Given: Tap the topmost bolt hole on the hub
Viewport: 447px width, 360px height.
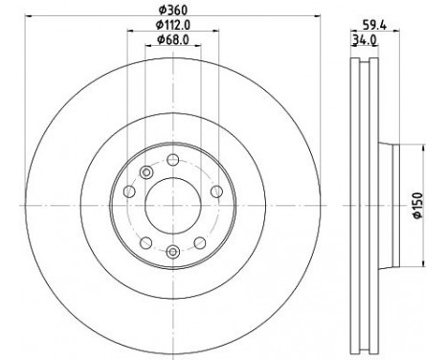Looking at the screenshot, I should (x=172, y=160).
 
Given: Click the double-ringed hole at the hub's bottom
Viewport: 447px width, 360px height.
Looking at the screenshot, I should (x=172, y=252).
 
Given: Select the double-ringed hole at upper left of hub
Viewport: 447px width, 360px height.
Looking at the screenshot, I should (x=145, y=172).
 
